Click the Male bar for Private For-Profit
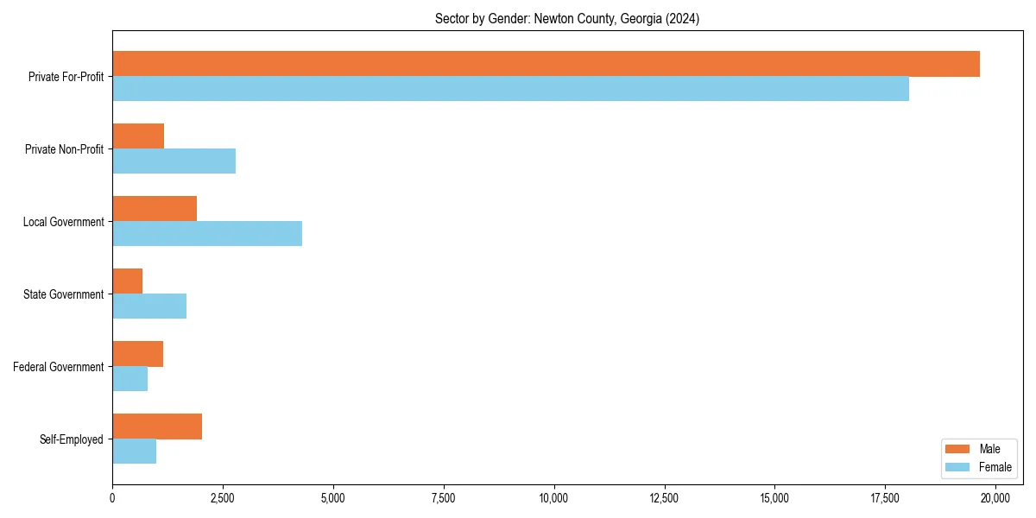coord(546,64)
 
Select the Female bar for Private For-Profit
coord(510,89)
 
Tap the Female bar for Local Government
coord(207,234)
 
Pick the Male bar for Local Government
coord(155,209)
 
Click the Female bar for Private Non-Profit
coord(174,161)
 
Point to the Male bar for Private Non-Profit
coord(138,136)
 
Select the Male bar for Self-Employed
coord(157,426)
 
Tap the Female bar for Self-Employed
coord(134,452)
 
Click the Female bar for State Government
coord(149,306)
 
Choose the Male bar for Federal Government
coord(137,354)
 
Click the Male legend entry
coord(978,449)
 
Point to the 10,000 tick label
coord(553,498)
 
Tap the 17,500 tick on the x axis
coord(774,498)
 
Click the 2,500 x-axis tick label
coord(223,498)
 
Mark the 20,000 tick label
coord(995,498)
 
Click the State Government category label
coord(63,294)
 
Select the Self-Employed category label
coord(72,439)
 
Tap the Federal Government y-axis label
coord(59,367)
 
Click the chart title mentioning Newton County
coord(567,19)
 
